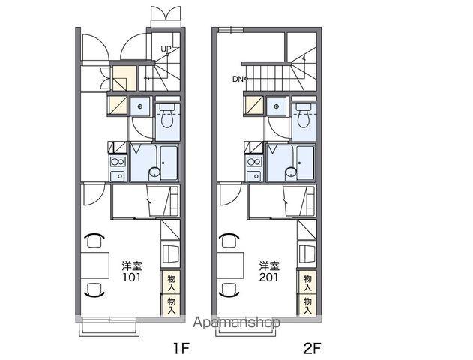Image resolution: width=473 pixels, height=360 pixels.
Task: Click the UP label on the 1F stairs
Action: pyautogui.click(x=166, y=49)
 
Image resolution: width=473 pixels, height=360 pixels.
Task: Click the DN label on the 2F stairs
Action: pyautogui.click(x=238, y=79)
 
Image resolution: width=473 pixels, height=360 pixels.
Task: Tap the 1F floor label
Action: pyautogui.click(x=181, y=349)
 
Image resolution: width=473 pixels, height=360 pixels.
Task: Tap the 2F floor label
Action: pyautogui.click(x=312, y=349)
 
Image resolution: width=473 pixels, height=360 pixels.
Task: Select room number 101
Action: pyautogui.click(x=131, y=277)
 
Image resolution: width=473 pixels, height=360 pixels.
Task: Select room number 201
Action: pyautogui.click(x=269, y=277)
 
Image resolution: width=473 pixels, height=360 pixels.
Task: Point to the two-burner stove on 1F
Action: pyautogui.click(x=118, y=162)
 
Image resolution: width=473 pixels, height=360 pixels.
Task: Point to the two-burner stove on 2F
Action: pyautogui.click(x=254, y=162)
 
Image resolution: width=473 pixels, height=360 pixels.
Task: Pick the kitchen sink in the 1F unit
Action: pyautogui.click(x=118, y=176)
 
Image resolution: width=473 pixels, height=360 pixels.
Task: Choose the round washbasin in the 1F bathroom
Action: pyautogui.click(x=154, y=172)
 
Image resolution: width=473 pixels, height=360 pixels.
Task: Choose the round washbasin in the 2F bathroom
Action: pyautogui.click(x=291, y=172)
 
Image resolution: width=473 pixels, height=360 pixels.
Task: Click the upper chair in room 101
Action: pyautogui.click(x=94, y=240)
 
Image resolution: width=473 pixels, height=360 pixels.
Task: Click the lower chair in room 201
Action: pyautogui.click(x=231, y=290)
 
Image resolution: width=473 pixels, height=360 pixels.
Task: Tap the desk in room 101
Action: pyautogui.click(x=94, y=265)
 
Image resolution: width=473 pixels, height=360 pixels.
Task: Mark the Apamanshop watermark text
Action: pyautogui.click(x=236, y=322)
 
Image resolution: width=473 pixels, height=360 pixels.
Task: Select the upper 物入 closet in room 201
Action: pyautogui.click(x=307, y=283)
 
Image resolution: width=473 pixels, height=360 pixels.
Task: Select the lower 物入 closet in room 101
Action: pyautogui.click(x=171, y=305)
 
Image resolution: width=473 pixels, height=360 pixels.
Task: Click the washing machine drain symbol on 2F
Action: pyautogui.click(x=277, y=106)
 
